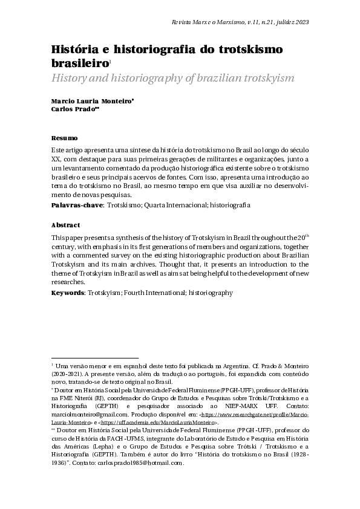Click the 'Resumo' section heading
64,138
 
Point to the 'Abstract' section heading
65,225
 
